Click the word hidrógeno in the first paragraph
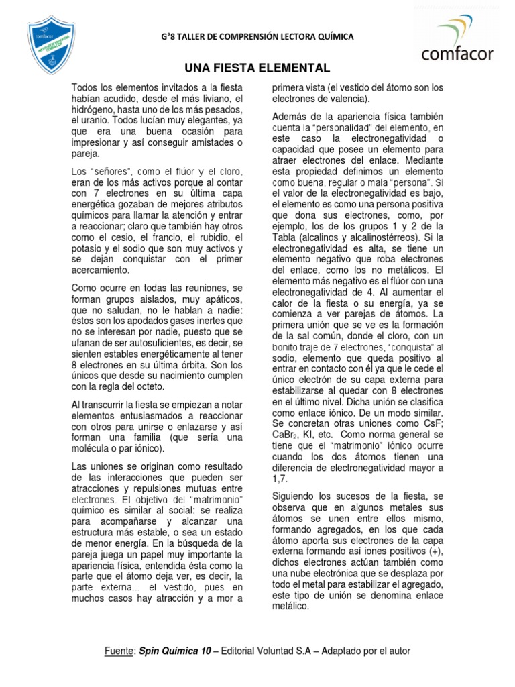pyautogui.click(x=95, y=110)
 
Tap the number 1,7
pyautogui.click(x=278, y=478)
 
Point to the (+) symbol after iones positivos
pyautogui.click(x=437, y=551)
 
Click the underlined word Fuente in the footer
pyautogui.click(x=119, y=651)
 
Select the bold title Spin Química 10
pyautogui.click(x=174, y=651)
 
